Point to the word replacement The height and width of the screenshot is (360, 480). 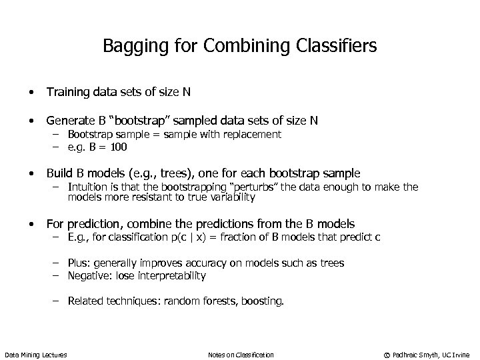253,135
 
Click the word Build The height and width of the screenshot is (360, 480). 58,173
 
